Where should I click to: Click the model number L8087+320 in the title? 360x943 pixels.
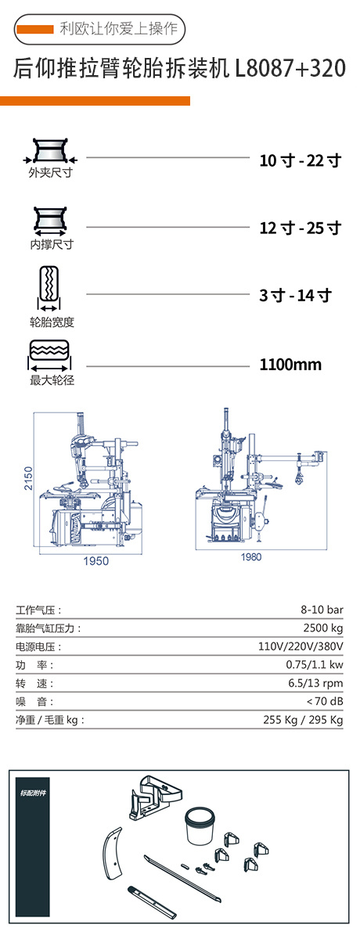point(290,68)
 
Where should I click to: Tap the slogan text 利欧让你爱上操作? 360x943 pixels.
point(119,29)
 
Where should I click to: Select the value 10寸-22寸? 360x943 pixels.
point(301,160)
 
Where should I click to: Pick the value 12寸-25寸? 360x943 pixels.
point(301,228)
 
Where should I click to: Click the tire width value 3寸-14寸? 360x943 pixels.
point(296,295)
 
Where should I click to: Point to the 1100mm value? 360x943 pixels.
point(290,364)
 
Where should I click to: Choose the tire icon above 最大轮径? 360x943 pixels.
point(49,356)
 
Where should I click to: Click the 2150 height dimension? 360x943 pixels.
point(28,478)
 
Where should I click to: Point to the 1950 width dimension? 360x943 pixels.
point(96,561)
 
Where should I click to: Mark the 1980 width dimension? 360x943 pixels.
point(251,557)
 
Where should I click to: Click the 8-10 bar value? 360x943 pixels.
point(322,610)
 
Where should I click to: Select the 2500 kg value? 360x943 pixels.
point(323,628)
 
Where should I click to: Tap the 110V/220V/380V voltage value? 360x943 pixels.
point(301,646)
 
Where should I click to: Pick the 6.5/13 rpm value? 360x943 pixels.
point(316,683)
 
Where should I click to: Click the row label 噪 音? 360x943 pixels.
point(34,701)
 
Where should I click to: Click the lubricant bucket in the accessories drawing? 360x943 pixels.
point(201,826)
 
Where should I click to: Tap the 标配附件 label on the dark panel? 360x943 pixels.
point(33,793)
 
